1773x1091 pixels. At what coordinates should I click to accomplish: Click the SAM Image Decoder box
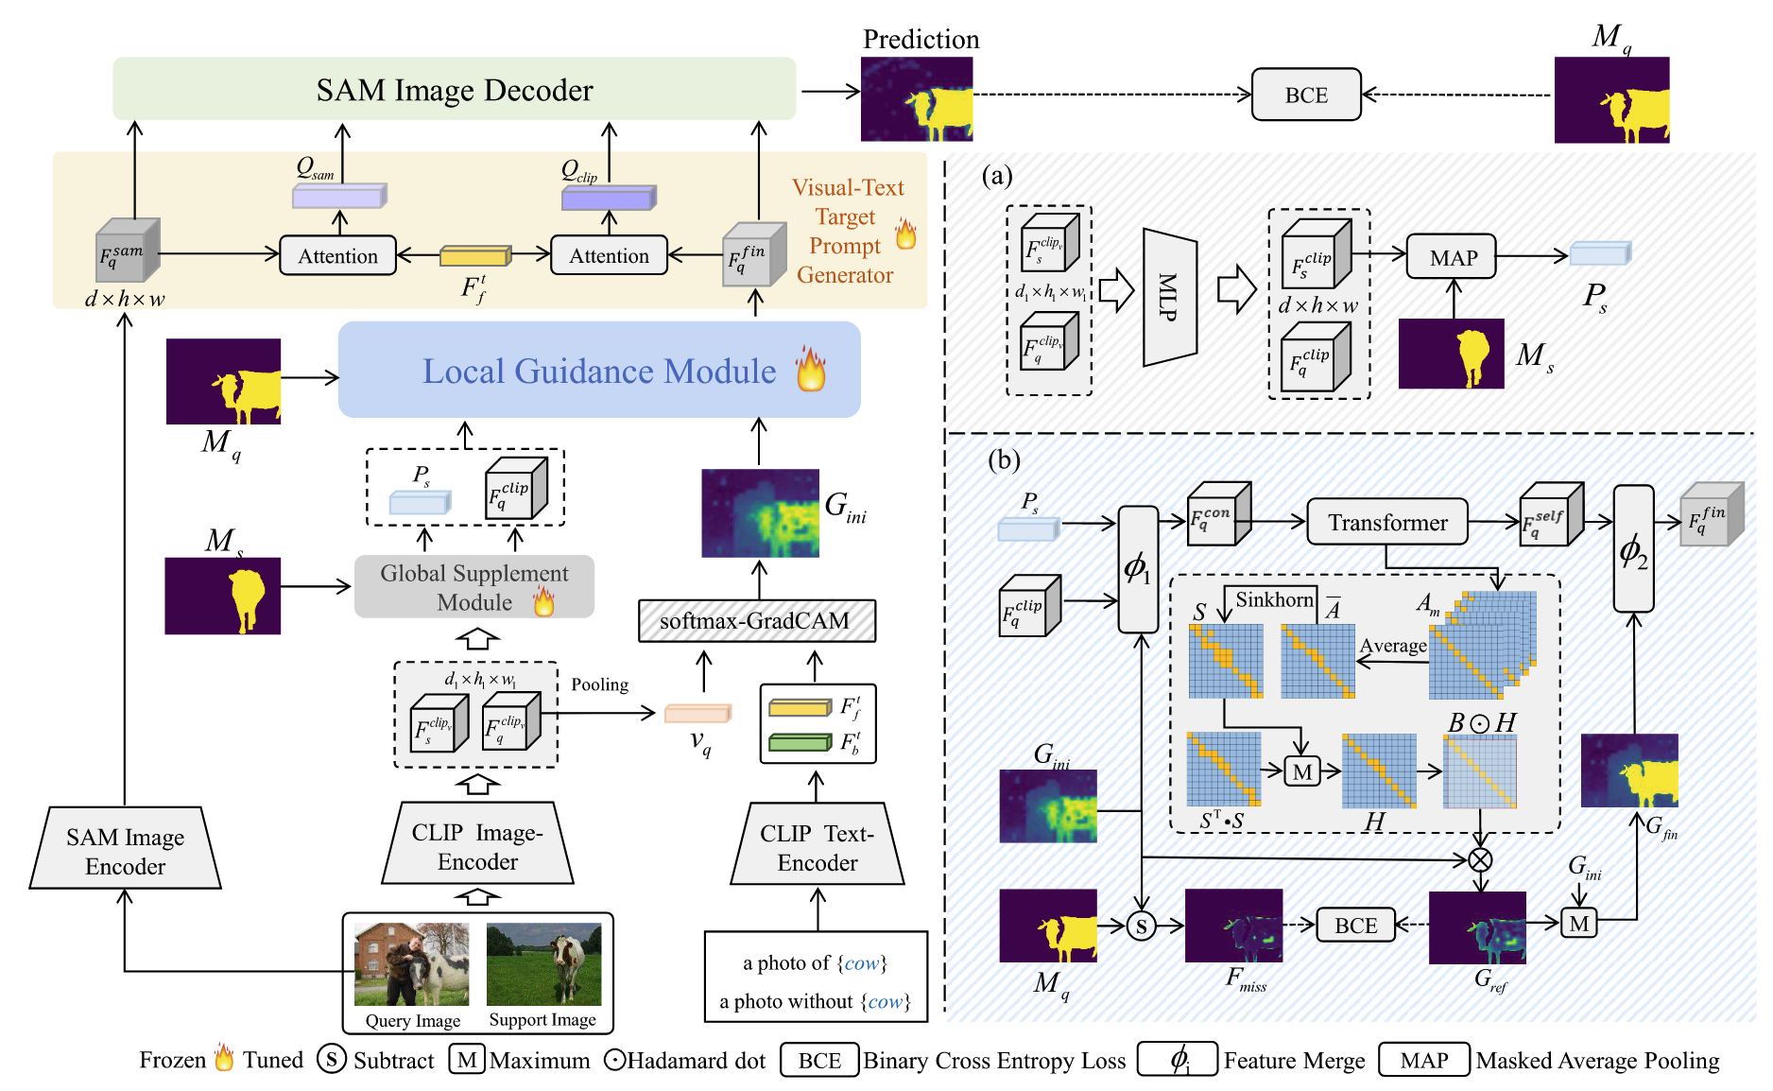point(454,89)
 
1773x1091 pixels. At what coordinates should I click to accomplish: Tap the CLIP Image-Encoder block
point(477,845)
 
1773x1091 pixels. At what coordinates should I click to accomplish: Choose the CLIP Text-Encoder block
point(818,846)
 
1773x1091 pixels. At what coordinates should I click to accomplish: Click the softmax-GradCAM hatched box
point(756,621)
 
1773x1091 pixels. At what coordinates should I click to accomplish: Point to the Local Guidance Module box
point(599,371)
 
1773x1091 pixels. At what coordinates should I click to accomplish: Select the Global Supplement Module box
point(474,587)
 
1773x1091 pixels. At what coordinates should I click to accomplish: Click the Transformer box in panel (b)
point(1386,522)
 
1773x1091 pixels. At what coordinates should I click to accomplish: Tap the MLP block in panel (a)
point(1170,297)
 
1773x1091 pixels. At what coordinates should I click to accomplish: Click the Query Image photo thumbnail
point(411,964)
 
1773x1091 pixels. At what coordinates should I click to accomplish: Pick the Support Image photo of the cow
point(543,964)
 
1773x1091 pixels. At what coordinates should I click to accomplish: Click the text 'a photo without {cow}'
point(815,1001)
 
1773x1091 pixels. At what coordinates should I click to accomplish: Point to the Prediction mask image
point(916,99)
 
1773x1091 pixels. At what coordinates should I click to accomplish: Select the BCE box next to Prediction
point(1306,95)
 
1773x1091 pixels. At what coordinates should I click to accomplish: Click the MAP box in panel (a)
point(1453,257)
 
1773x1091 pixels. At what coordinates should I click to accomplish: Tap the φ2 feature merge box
point(1633,549)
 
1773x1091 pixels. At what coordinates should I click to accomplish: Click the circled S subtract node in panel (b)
point(1142,926)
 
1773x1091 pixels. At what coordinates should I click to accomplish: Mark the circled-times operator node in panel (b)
point(1480,859)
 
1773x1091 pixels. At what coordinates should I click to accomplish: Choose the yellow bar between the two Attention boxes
point(474,256)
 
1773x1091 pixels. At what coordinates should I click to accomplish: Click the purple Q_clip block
point(608,199)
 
